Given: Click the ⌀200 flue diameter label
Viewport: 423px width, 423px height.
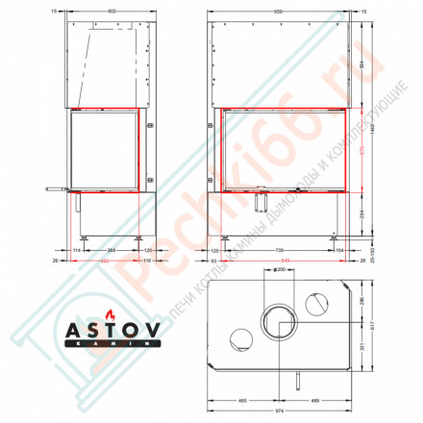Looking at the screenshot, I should click(280, 270).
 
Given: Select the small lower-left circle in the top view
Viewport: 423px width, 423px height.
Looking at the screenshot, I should click(240, 338).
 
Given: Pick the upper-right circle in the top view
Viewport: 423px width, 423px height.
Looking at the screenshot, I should click(317, 305).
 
